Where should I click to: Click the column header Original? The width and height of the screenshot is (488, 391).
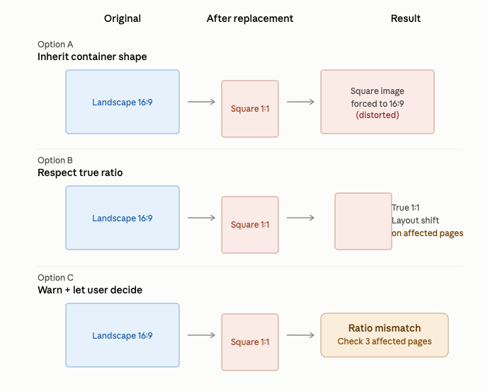click(123, 18)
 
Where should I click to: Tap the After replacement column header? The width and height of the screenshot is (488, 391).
click(250, 18)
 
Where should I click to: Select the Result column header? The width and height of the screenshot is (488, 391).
click(406, 18)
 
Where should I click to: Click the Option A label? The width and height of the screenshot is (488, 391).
click(55, 45)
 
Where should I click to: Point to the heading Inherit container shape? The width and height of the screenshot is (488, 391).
click(92, 57)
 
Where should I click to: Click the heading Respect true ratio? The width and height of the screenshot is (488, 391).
click(80, 173)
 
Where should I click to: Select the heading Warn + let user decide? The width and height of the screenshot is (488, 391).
click(90, 290)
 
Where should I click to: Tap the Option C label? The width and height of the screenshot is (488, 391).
click(55, 278)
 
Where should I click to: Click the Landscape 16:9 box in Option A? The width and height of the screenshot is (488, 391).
click(123, 102)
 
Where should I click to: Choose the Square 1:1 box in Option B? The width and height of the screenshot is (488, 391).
click(250, 225)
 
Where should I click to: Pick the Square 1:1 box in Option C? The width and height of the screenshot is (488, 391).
click(250, 342)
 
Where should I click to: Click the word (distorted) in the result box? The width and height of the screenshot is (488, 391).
click(378, 115)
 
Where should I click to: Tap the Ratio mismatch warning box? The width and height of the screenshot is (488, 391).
click(385, 335)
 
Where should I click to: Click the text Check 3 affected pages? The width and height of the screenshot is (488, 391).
click(385, 342)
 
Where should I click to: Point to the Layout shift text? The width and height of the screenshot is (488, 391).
click(415, 221)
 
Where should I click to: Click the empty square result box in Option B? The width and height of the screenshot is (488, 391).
click(363, 221)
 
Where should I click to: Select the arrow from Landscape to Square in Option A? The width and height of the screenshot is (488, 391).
click(201, 102)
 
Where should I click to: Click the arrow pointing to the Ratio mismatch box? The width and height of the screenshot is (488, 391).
click(300, 335)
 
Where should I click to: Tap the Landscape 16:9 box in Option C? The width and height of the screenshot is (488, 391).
click(123, 335)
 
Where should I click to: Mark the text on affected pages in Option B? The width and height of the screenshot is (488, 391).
click(427, 233)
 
